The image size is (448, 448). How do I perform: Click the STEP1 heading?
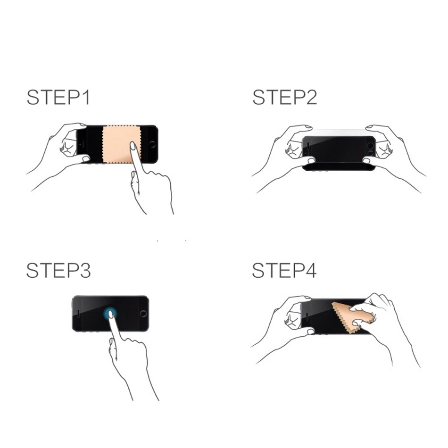pos(58,98)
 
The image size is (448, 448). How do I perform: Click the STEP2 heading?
pos(284,98)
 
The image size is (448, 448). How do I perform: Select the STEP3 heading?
pos(58,271)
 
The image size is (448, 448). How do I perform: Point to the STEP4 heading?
pos(284,271)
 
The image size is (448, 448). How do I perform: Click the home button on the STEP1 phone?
pos(152,144)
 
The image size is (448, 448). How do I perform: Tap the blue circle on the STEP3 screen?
pos(110,314)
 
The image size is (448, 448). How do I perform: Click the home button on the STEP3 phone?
pos(143,314)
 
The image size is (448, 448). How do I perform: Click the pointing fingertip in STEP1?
pos(133,145)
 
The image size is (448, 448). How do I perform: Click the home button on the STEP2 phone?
pos(371,146)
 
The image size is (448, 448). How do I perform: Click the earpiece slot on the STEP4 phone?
pos(307,316)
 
